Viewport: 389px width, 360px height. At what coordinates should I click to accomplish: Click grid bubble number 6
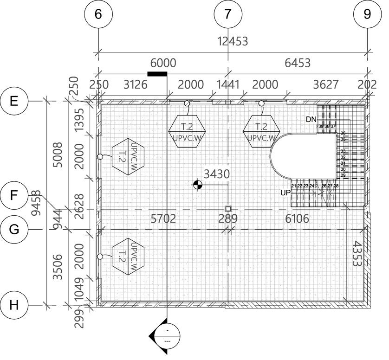(x=98, y=14)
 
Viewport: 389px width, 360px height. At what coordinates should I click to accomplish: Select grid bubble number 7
(x=227, y=14)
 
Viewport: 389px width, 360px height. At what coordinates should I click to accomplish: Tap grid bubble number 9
(x=367, y=14)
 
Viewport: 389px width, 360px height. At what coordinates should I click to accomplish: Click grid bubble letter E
(x=14, y=101)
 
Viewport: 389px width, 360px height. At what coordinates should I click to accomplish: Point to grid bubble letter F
(x=14, y=195)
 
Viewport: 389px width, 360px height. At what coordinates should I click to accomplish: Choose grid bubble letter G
(x=14, y=229)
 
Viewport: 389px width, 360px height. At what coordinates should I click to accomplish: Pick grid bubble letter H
(x=14, y=305)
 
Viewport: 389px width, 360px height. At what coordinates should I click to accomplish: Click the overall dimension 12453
(x=233, y=41)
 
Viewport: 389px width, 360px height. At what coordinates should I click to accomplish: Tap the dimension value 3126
(x=135, y=84)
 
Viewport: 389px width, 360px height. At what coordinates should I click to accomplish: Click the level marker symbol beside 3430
(x=198, y=185)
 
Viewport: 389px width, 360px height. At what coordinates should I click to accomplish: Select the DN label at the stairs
(x=311, y=120)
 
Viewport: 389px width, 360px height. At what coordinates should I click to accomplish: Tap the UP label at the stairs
(x=285, y=192)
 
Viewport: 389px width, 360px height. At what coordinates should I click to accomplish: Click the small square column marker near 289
(x=228, y=209)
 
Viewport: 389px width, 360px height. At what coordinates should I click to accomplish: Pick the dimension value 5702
(x=163, y=219)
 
